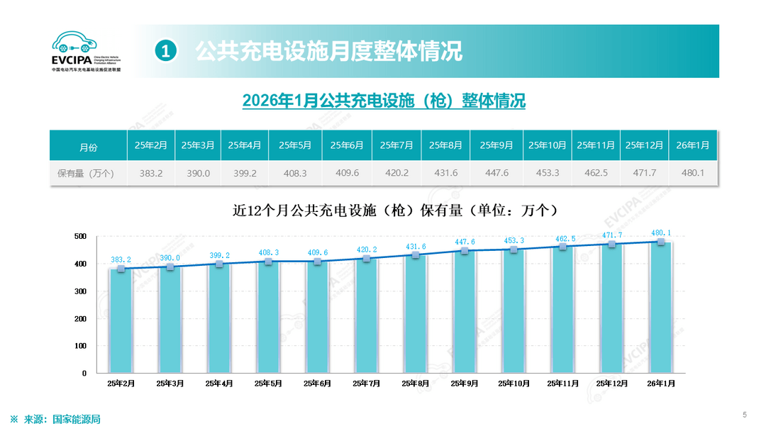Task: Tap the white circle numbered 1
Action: coord(165,51)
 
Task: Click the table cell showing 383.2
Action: coord(151,172)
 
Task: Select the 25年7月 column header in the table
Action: coord(396,145)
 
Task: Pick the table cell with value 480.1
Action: coord(692,172)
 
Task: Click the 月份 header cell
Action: coord(88,147)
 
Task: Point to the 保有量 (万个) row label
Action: coord(88,172)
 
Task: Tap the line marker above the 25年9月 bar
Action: coord(465,250)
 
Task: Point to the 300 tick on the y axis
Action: coord(80,291)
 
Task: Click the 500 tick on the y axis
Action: coord(80,236)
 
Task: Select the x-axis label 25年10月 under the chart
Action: coord(514,384)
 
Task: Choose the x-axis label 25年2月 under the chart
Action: coord(121,384)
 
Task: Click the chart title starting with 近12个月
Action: coord(394,211)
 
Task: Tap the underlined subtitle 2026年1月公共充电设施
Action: coord(384,101)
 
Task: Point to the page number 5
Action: coord(745,415)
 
